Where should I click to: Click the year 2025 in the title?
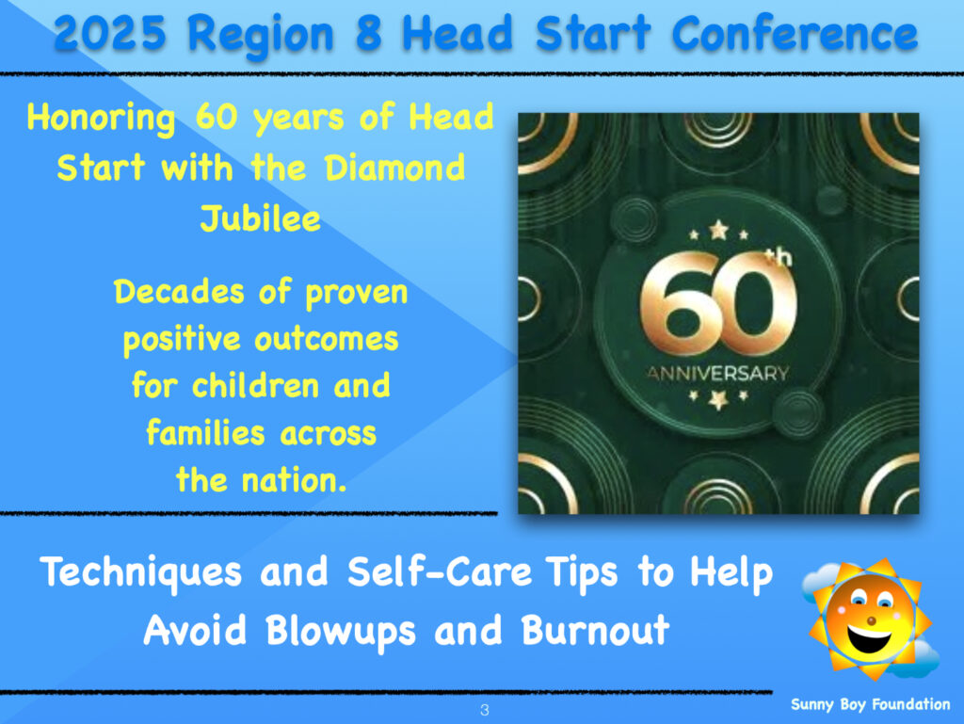point(110,33)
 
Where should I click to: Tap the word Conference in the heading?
point(795,33)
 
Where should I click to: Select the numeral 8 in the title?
point(369,33)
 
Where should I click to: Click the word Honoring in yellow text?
point(101,118)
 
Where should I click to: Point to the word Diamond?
point(394,168)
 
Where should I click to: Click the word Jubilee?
point(260,218)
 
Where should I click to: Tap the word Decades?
point(179,291)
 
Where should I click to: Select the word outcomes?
point(326,339)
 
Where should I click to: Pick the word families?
point(205,432)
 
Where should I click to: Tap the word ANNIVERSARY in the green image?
point(718,373)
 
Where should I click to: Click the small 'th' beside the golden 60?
point(779,257)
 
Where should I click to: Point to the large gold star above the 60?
point(718,231)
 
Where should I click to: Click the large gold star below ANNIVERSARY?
point(718,400)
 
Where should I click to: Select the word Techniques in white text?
point(141,572)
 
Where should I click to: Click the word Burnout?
point(595,630)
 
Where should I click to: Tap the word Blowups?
point(341,632)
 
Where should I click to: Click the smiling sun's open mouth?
point(869,637)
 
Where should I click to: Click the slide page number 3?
point(485,711)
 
